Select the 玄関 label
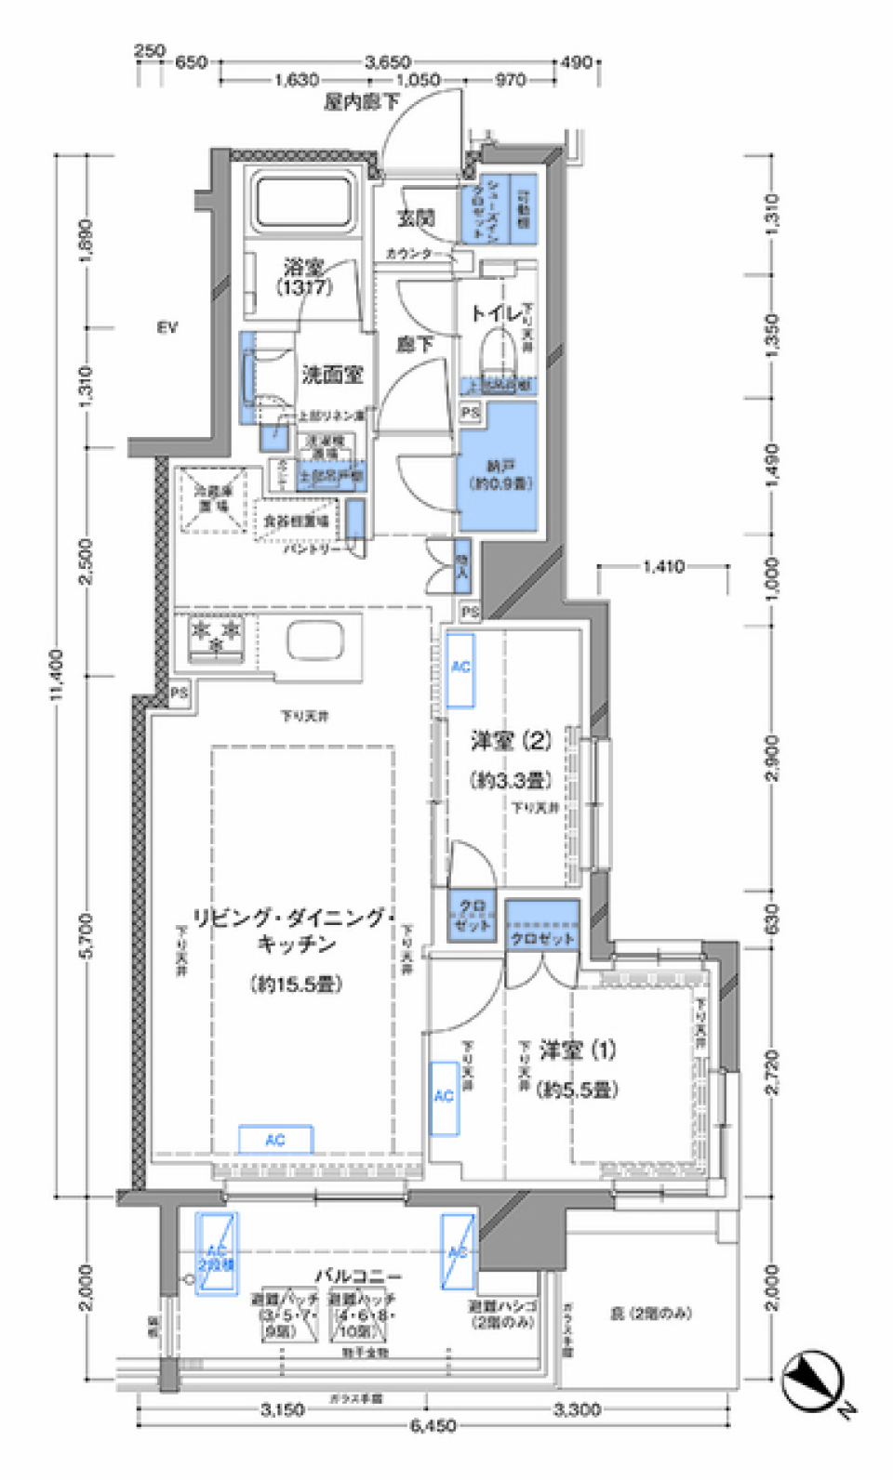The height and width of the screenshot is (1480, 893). [x=416, y=218]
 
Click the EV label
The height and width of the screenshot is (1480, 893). [x=167, y=327]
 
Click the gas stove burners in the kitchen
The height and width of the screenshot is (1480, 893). [x=216, y=637]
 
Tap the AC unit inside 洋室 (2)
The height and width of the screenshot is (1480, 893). [x=460, y=669]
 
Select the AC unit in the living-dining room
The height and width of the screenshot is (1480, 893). [x=275, y=1140]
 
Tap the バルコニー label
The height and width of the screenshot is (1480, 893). [x=358, y=1276]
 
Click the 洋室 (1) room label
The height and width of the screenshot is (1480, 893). [x=577, y=1051]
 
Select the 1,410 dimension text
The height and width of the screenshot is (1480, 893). [x=663, y=565]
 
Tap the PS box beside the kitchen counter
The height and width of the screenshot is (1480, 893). [x=179, y=693]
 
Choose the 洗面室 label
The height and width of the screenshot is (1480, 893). [x=332, y=375]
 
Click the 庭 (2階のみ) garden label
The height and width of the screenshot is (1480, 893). [x=651, y=1313]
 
